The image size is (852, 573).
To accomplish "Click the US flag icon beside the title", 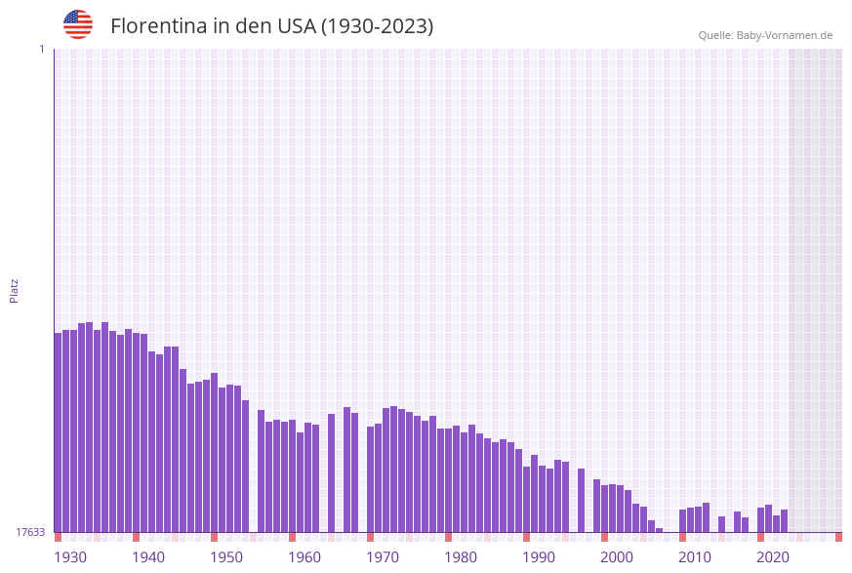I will [78, 25].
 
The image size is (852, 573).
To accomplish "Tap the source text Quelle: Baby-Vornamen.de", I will [765, 35].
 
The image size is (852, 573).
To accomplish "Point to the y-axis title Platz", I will [15, 290].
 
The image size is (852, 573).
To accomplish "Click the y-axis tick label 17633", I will [30, 532].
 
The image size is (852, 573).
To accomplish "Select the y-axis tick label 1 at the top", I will [41, 49].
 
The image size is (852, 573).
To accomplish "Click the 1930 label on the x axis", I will [70, 557].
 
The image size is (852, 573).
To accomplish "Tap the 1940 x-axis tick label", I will [148, 557].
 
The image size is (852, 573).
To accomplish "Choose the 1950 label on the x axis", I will [226, 557].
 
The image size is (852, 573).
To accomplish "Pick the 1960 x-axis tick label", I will [304, 557].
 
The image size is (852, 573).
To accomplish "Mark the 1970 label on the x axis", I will [383, 557].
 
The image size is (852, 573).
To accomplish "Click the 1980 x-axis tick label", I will [461, 557].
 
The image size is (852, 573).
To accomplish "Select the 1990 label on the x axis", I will [539, 557].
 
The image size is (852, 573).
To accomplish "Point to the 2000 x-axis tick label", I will [617, 557].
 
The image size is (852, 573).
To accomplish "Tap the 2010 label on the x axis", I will [695, 557].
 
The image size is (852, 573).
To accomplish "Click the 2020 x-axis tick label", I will [773, 557].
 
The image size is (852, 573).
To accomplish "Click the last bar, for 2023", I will [785, 521].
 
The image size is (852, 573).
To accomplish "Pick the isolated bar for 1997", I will [582, 501].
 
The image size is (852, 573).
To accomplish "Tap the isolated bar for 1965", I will [332, 473].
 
